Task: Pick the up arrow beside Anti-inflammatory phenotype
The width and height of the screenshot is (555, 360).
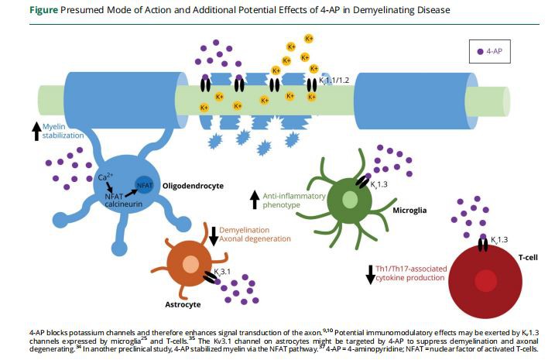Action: click(x=253, y=200)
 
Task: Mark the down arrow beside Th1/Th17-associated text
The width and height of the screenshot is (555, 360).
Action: click(x=370, y=273)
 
